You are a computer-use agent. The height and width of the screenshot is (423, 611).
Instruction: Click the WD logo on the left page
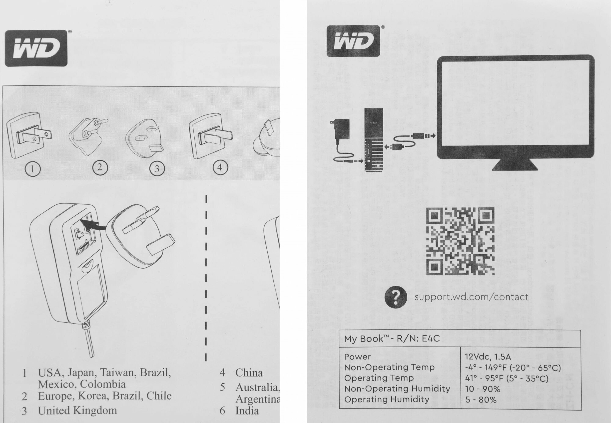pyautogui.click(x=36, y=48)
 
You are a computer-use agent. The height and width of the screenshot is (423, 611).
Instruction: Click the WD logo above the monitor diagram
pyautogui.click(x=353, y=41)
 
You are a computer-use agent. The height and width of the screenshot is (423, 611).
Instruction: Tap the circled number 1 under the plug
pyautogui.click(x=33, y=169)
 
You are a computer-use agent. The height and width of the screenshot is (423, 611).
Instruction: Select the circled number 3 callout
pyautogui.click(x=157, y=169)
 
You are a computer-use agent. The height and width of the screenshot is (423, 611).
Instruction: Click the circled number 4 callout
pyautogui.click(x=220, y=167)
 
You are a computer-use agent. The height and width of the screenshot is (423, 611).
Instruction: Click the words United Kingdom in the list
pyautogui.click(x=77, y=410)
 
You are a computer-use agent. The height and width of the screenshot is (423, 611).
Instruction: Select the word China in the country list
pyautogui.click(x=249, y=373)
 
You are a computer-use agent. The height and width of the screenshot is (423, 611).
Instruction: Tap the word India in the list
pyautogui.click(x=247, y=410)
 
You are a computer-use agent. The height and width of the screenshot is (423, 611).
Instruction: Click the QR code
pyautogui.click(x=460, y=241)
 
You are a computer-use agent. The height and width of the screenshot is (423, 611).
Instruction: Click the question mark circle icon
pyautogui.click(x=396, y=297)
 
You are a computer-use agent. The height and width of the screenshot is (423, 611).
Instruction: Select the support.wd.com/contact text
pyautogui.click(x=471, y=297)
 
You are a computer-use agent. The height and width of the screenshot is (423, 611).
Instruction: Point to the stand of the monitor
pyautogui.click(x=515, y=165)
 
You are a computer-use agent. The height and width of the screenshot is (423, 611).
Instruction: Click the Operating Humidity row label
pyautogui.click(x=386, y=399)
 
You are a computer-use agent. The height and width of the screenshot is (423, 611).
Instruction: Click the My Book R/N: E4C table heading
pyautogui.click(x=392, y=339)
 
